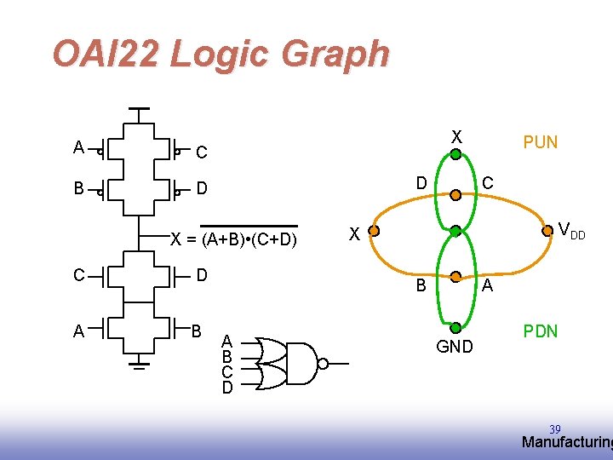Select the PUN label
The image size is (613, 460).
pyautogui.click(x=541, y=142)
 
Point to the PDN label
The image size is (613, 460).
pyautogui.click(x=541, y=331)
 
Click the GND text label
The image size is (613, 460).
pyautogui.click(x=455, y=347)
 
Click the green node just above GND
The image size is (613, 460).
pyautogui.click(x=455, y=326)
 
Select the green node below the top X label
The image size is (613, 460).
pyautogui.click(x=455, y=155)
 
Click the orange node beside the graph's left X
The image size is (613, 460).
pyautogui.click(x=373, y=230)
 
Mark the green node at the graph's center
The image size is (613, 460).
pyautogui.click(x=455, y=230)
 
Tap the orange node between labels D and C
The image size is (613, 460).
pyautogui.click(x=455, y=195)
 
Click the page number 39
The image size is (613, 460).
pyautogui.click(x=555, y=428)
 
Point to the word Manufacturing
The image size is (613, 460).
pyautogui.click(x=566, y=442)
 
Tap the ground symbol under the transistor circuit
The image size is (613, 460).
pyautogui.click(x=140, y=365)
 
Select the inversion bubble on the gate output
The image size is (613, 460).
pyautogui.click(x=323, y=365)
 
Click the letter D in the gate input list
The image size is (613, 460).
pyautogui.click(x=227, y=388)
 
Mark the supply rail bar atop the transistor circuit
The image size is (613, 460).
pyautogui.click(x=139, y=110)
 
